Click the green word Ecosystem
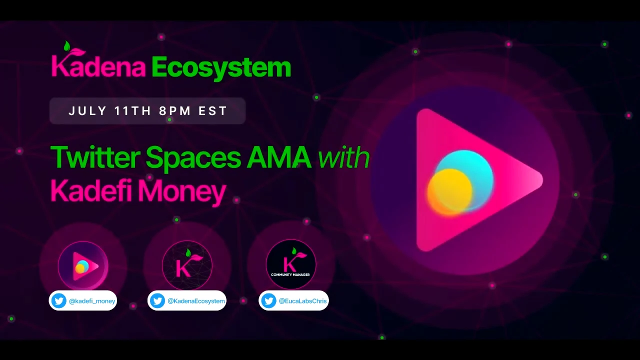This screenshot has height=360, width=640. click(x=221, y=68)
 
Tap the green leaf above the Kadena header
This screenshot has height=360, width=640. click(x=67, y=46)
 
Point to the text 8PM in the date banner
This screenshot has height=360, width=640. click(x=175, y=111)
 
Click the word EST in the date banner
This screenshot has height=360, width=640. click(x=213, y=111)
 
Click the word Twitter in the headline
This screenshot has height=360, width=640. click(x=95, y=157)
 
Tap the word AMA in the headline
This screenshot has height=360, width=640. click(x=279, y=157)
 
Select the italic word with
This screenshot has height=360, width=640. click(x=343, y=157)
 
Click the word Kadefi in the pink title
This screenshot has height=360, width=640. click(x=91, y=190)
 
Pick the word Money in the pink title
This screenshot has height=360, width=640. click(x=182, y=192)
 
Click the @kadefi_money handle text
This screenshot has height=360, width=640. click(x=92, y=301)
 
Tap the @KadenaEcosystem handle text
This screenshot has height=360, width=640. click(x=196, y=301)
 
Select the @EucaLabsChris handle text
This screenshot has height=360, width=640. click(x=302, y=301)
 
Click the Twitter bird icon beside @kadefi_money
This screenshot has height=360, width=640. click(x=59, y=300)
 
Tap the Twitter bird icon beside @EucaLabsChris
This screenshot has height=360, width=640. click(x=268, y=300)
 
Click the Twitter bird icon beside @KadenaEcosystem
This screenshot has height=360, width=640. click(x=157, y=300)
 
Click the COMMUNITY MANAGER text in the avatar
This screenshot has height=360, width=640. click(x=290, y=275)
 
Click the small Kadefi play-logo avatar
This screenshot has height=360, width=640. click(x=83, y=265)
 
